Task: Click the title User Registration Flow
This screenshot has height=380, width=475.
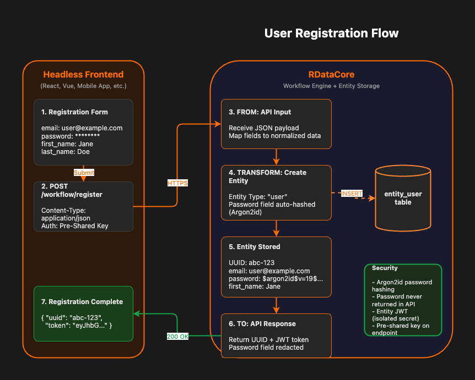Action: pyautogui.click(x=331, y=33)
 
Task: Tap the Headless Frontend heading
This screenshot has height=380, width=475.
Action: pyautogui.click(x=83, y=75)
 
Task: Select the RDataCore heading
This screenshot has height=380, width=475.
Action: pyautogui.click(x=331, y=75)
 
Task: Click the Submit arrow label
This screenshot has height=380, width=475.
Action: pyautogui.click(x=84, y=173)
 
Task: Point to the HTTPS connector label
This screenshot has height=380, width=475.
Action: pyautogui.click(x=177, y=183)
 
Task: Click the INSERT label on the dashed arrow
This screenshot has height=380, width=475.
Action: pyautogui.click(x=352, y=194)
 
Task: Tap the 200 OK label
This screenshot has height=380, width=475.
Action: pyautogui.click(x=177, y=336)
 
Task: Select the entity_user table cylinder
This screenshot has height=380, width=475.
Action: pyautogui.click(x=403, y=199)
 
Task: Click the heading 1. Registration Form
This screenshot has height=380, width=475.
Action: pyautogui.click(x=74, y=112)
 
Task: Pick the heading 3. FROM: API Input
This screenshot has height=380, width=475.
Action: pyautogui.click(x=261, y=112)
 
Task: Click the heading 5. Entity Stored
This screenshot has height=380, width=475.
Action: pyautogui.click(x=255, y=247)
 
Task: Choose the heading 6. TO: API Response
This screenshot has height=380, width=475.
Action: pyautogui.click(x=262, y=324)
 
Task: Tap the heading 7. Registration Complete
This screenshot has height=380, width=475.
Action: pyautogui.click(x=82, y=302)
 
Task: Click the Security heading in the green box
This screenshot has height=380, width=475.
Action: pyautogui.click(x=385, y=268)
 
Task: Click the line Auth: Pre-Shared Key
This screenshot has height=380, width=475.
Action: pyautogui.click(x=74, y=226)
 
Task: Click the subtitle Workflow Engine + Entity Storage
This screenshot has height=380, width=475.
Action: pyautogui.click(x=331, y=86)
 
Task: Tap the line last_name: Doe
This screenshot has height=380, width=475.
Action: pyautogui.click(x=66, y=151)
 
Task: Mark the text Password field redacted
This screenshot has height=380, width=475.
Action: pyautogui.click(x=266, y=347)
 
